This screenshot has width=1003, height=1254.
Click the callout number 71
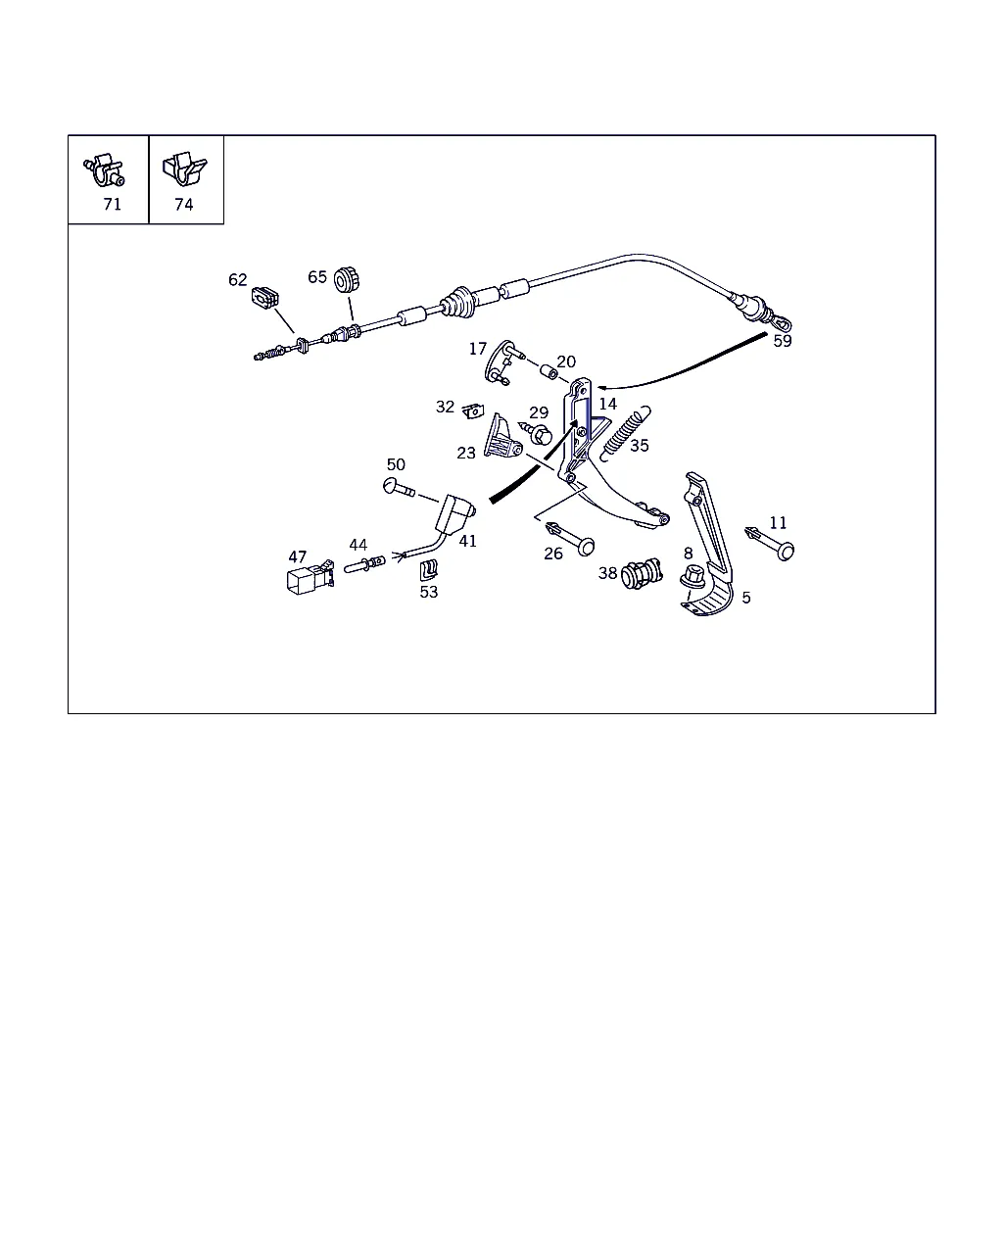pos(112,205)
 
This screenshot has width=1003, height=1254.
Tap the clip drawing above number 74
pos(185,169)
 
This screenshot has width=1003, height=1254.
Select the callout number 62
pos(237,280)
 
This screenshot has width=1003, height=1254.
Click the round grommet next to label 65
pos(347,280)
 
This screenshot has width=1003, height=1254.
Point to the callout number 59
pos(782,341)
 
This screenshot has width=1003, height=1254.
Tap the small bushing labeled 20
pos(550,371)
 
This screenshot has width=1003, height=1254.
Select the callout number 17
pos(478,349)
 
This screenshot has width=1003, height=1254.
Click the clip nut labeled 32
pos(473,411)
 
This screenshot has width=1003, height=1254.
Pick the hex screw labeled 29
pos(537,434)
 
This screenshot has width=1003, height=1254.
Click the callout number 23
pos(466,453)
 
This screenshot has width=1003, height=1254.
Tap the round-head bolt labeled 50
pos(399,487)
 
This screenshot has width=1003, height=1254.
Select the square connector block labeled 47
pos(310,578)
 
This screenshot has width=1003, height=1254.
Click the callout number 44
pos(358,545)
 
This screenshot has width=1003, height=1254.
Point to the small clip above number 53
pos(428,570)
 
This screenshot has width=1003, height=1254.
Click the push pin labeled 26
pos(571,539)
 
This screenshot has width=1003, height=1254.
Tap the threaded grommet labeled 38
pos(642,573)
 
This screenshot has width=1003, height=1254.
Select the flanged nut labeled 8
pos(693,576)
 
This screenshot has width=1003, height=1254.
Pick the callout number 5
pos(746,598)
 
